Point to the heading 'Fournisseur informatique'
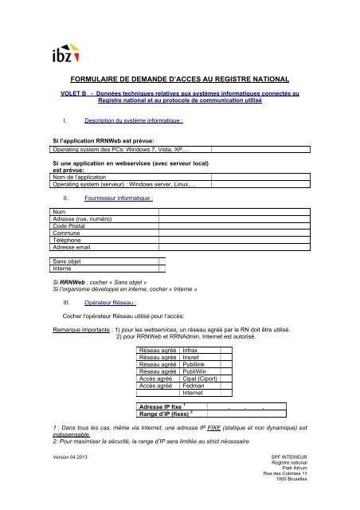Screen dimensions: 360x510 tap(118, 197)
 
